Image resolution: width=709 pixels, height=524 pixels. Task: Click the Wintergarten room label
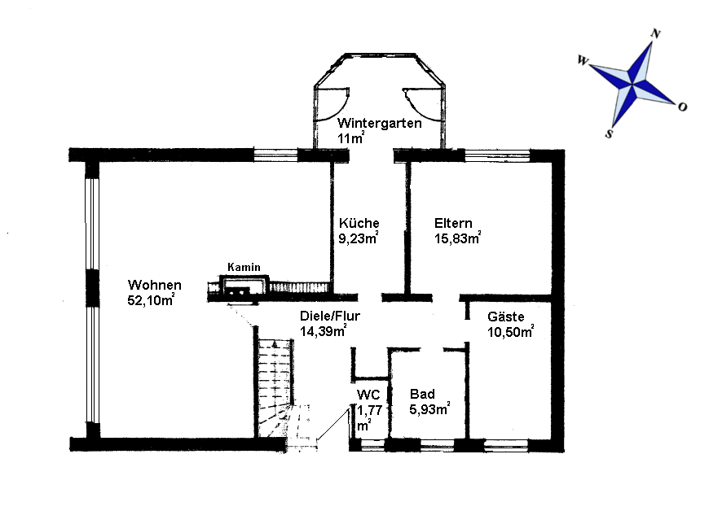[x=380, y=124]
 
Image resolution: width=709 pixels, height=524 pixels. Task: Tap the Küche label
[x=359, y=223]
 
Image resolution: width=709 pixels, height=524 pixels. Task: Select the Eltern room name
[x=453, y=224]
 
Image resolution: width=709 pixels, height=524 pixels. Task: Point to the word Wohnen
[x=155, y=285]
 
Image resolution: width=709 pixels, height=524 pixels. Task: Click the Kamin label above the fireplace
[x=244, y=267]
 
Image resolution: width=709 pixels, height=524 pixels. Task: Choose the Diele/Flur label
[x=329, y=316]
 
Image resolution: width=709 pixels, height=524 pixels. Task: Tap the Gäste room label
[x=505, y=317]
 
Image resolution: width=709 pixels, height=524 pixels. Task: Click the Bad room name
[x=422, y=394]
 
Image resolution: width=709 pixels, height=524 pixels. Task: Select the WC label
[x=368, y=395]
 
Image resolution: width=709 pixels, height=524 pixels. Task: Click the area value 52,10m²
[x=151, y=300]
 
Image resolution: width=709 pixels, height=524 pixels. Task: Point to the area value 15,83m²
[x=458, y=238]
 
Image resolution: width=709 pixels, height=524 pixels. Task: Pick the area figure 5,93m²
[x=429, y=409]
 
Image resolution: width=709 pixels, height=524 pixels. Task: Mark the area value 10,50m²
[x=510, y=332]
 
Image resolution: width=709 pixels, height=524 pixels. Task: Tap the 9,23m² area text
[x=359, y=238]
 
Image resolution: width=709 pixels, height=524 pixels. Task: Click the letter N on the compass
[x=656, y=34]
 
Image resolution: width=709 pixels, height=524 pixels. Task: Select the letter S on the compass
[x=609, y=133]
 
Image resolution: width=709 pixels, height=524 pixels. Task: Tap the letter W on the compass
[x=583, y=60]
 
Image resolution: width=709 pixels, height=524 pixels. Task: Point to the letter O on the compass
[x=682, y=107]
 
